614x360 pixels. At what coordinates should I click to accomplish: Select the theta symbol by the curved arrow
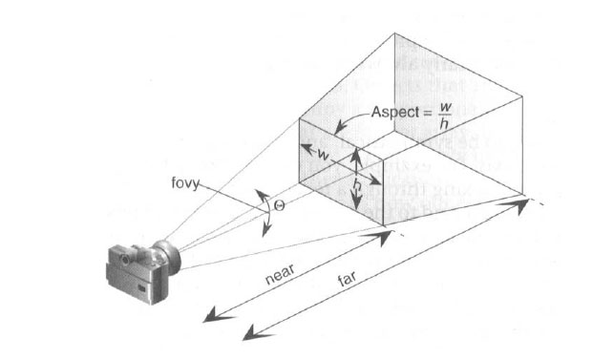[x=278, y=205]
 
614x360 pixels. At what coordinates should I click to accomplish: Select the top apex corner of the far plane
[x=394, y=34]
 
